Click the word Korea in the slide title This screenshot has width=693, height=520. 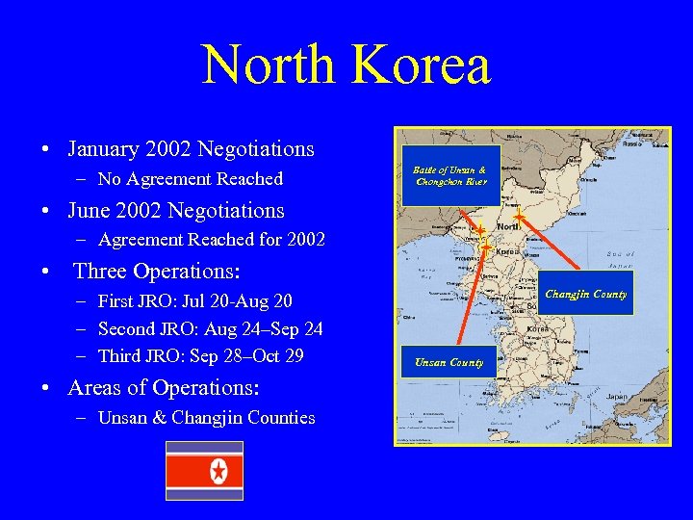click(423, 65)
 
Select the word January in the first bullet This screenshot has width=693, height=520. click(105, 149)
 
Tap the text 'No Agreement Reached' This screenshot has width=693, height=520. click(191, 179)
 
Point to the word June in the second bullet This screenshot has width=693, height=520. click(90, 210)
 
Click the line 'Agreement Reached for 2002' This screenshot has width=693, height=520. click(212, 240)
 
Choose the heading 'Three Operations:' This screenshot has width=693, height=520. click(157, 271)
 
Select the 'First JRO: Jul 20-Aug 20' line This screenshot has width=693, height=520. click(195, 301)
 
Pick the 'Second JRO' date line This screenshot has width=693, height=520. click(210, 328)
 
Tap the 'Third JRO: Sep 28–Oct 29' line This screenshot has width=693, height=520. click(201, 355)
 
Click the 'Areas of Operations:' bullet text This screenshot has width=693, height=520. click(164, 387)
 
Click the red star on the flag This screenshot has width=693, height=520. click(218, 471)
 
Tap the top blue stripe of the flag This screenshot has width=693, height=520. click(204, 447)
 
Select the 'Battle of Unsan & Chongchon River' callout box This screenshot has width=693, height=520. click(450, 175)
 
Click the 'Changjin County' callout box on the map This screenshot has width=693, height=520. click(586, 294)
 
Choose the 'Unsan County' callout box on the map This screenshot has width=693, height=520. click(449, 362)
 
